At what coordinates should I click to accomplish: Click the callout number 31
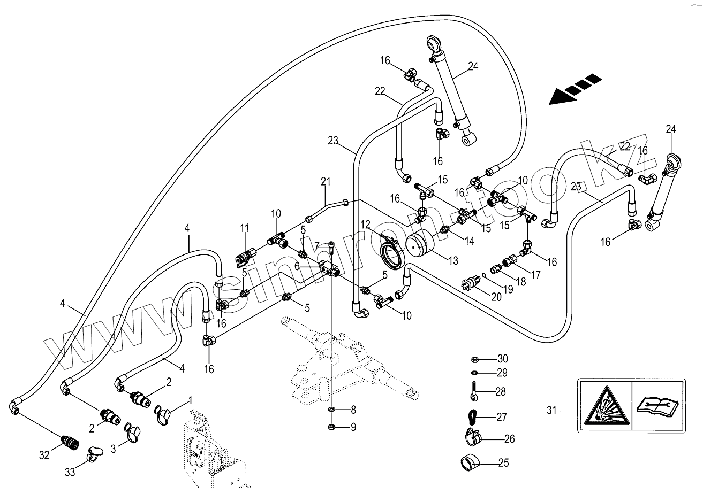[552, 411]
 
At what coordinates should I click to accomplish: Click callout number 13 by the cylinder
[453, 261]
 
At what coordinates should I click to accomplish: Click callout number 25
[503, 463]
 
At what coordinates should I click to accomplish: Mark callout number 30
[502, 359]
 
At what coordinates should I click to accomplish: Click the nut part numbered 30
[474, 359]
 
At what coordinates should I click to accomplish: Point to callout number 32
[44, 455]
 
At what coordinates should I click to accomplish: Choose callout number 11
[245, 228]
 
